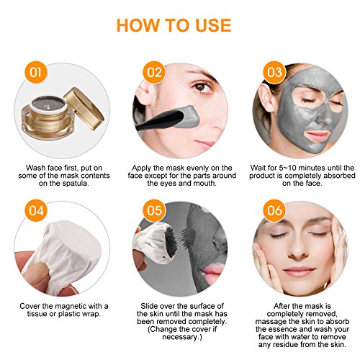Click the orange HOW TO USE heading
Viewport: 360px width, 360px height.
coord(174,25)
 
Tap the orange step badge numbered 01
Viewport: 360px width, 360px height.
coord(36,72)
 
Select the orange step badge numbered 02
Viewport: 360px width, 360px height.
coord(154,72)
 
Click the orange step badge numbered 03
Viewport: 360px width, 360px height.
coord(274,72)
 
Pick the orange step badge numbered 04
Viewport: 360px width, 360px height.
coord(36,210)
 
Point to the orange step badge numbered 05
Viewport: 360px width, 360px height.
coord(154,210)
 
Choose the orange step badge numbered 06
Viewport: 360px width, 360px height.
coord(274,210)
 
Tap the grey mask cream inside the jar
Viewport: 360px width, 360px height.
coord(49,103)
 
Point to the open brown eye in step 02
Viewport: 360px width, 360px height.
coord(200,87)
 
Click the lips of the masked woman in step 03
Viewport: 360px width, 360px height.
coord(316,136)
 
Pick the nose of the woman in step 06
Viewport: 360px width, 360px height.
coord(298,250)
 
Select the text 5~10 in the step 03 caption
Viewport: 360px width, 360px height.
coord(287,168)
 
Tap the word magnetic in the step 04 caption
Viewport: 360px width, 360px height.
coord(71,306)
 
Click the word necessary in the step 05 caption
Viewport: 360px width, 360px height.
coord(181,337)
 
